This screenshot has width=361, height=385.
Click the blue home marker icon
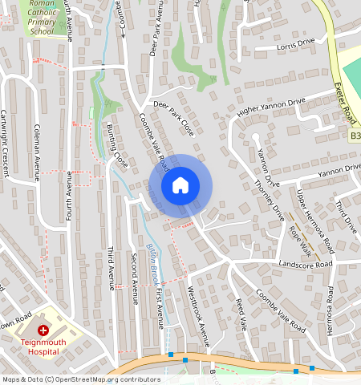pos(180,185)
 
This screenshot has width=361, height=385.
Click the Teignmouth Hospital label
pos(43,346)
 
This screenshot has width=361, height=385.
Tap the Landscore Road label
pos(305,264)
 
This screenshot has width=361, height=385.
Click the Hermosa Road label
pos(330,308)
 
